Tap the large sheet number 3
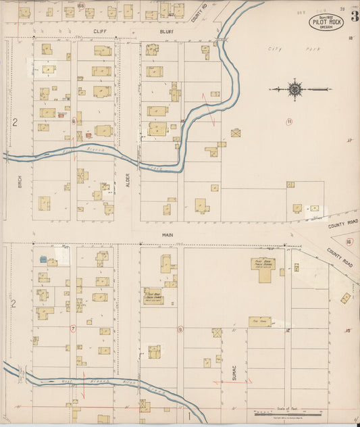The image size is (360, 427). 354,18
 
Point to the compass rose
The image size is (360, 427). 295,88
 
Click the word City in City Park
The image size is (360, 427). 273,49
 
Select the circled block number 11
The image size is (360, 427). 289,122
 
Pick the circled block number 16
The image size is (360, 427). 349,241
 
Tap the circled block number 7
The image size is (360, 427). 73,328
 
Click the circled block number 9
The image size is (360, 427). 180,329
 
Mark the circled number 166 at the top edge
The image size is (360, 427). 80,5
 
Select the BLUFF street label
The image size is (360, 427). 168,31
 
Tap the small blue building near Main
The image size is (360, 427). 43,259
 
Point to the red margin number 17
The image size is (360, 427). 349,141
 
